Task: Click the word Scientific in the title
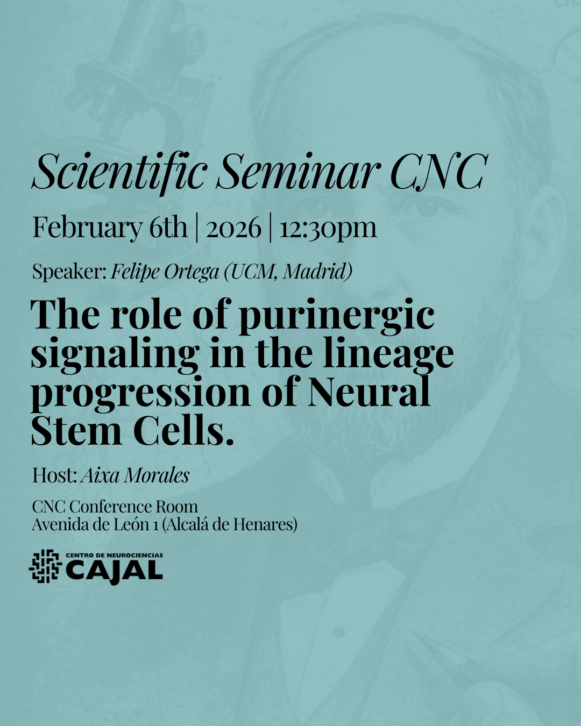click(119, 172)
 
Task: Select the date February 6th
click(110, 229)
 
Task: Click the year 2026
click(233, 228)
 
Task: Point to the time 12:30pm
click(328, 229)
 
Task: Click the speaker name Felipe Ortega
click(165, 272)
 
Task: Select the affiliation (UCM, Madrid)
click(288, 272)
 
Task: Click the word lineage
click(388, 355)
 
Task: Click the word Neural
click(370, 391)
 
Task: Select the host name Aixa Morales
click(135, 476)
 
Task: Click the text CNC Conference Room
click(115, 507)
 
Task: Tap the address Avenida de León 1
click(95, 524)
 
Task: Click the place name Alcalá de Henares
click(230, 524)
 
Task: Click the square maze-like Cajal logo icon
click(46, 566)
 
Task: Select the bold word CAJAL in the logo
click(114, 571)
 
